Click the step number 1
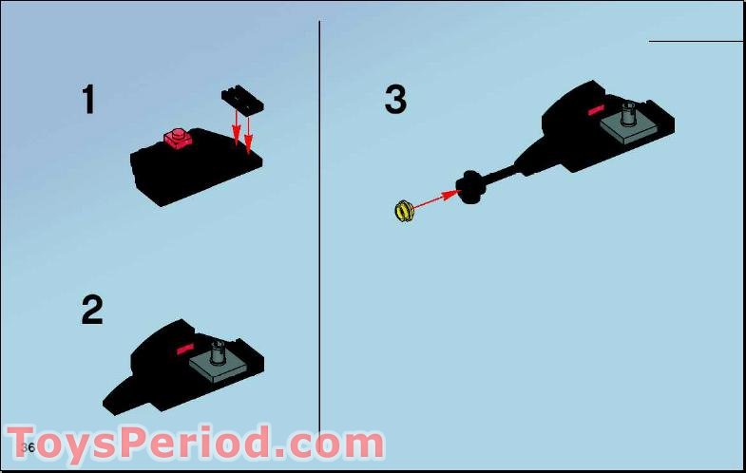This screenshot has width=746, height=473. [88, 100]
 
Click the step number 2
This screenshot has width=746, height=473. [91, 311]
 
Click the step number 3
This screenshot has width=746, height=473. [395, 99]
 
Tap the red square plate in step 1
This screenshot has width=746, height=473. [178, 139]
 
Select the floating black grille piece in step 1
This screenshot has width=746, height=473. [241, 99]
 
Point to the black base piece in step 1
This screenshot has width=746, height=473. [190, 171]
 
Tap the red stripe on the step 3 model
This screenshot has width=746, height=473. [596, 111]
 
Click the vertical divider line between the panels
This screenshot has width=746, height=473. [319, 237]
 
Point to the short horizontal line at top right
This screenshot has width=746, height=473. [696, 41]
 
